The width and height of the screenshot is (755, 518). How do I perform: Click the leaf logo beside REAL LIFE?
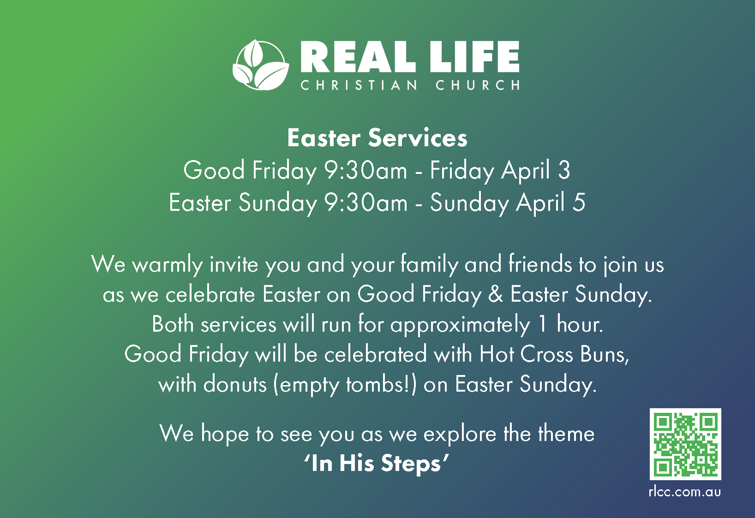pyautogui.click(x=261, y=65)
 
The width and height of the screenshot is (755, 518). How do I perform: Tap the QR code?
pyautogui.click(x=685, y=444)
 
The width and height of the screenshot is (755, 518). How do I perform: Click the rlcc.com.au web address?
pyautogui.click(x=684, y=492)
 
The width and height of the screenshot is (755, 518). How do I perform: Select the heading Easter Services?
pyautogui.click(x=377, y=138)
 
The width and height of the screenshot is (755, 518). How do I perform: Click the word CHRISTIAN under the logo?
pyautogui.click(x=359, y=85)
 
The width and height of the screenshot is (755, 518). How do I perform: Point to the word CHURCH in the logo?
pyautogui.click(x=477, y=85)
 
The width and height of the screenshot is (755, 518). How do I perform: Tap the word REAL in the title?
pyautogui.click(x=358, y=57)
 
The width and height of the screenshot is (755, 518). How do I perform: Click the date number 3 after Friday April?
pyautogui.click(x=564, y=170)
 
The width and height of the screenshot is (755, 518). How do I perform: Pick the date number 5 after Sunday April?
pyautogui.click(x=579, y=202)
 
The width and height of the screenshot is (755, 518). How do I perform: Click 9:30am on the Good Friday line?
pyautogui.click(x=366, y=170)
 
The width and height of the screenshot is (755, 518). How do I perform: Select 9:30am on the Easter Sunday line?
pyautogui.click(x=366, y=202)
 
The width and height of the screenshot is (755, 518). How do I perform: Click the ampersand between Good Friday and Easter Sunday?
pyautogui.click(x=496, y=294)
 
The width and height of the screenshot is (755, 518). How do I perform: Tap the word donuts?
pyautogui.click(x=235, y=384)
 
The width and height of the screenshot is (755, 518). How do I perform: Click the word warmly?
pyautogui.click(x=168, y=265)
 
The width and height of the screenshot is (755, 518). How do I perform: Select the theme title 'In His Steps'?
pyautogui.click(x=377, y=464)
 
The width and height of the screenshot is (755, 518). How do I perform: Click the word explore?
pyautogui.click(x=460, y=434)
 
